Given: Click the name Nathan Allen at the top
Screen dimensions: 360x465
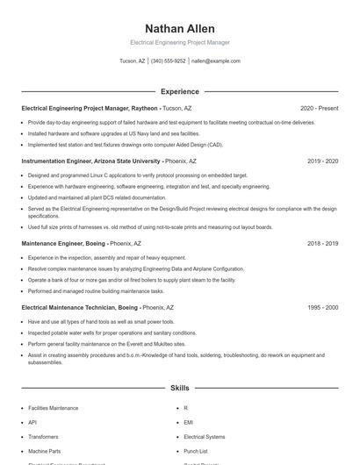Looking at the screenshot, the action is tap(179, 29).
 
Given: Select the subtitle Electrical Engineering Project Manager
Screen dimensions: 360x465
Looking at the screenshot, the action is tap(179, 42).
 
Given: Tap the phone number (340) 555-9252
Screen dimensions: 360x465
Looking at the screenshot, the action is tap(169, 61).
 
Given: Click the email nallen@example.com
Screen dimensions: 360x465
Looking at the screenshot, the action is tap(215, 61).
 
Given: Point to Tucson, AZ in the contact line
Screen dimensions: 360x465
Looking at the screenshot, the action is tap(133, 61).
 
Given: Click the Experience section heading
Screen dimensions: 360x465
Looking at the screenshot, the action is tap(179, 91).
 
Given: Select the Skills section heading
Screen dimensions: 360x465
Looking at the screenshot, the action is tap(179, 387).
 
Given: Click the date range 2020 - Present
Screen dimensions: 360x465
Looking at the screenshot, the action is tap(319, 108).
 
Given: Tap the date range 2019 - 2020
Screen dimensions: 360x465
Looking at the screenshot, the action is tap(322, 161).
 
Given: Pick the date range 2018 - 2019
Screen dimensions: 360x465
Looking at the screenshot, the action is tap(322, 243).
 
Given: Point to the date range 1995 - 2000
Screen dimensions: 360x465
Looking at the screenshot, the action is tap(322, 308).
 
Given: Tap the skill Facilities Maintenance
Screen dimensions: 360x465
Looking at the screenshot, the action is tap(53, 408).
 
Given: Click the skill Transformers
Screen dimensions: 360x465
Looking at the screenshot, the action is tap(44, 436).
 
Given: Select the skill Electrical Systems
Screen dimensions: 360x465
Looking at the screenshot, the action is tap(204, 436).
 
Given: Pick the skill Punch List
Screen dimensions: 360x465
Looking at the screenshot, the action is tap(196, 450).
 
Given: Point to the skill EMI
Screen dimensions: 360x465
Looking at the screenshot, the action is tap(188, 422).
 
